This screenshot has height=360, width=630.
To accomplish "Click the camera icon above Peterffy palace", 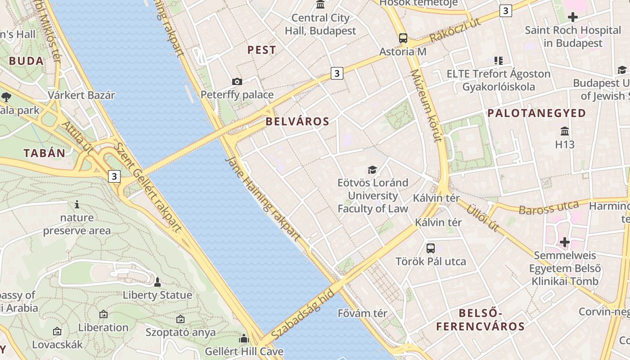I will pos(237,81).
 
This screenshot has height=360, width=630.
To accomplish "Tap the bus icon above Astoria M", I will pos(403,38).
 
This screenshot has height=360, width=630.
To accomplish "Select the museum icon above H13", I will pos(565,131).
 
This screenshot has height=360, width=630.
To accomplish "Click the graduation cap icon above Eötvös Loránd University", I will pos(372,170).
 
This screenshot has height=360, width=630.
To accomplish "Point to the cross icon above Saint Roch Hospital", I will pos(572,18).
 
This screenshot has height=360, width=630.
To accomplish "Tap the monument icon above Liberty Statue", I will pos(157,282).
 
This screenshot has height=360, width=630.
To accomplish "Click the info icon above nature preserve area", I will pos(77,205).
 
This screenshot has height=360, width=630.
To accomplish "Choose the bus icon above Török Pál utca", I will pos(431,248).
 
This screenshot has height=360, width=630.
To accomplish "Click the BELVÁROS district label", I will pos(297,121).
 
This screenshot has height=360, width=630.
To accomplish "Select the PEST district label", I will pos(262,50).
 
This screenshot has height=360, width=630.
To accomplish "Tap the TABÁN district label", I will pos(45,153).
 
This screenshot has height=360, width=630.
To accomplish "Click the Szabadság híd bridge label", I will pos(303,315).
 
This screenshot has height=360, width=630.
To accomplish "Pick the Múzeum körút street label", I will pos(425,106).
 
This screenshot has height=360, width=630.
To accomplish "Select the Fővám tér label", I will pos(362,313).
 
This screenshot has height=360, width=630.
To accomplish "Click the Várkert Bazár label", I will pos(81,95).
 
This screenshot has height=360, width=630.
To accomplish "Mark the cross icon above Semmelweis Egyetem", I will pos(564,242).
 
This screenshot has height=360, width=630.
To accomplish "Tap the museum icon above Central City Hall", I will pos(320,5).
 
